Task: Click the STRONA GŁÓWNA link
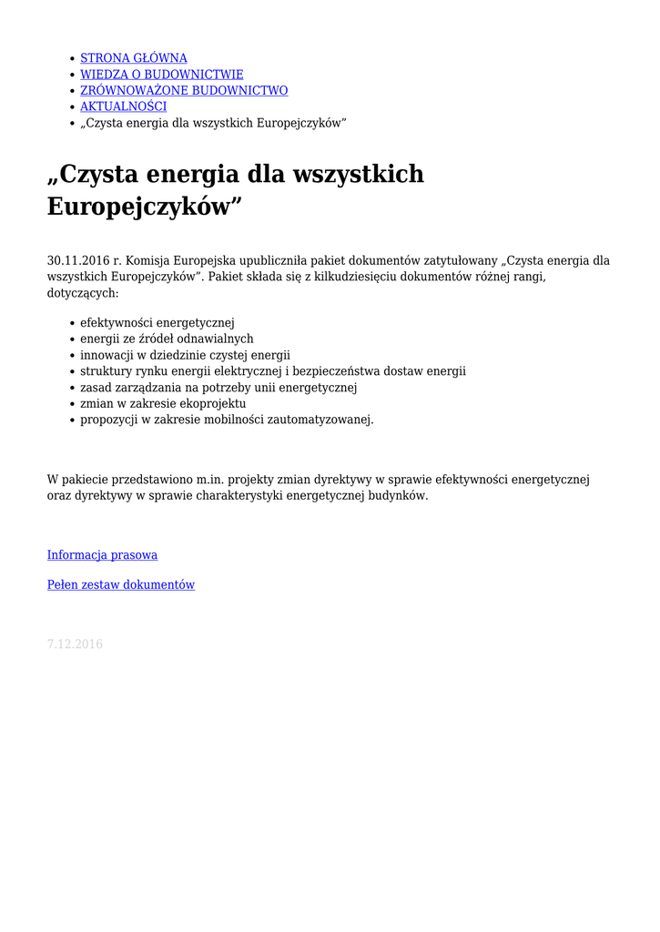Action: (x=134, y=58)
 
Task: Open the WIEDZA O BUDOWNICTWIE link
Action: (x=162, y=75)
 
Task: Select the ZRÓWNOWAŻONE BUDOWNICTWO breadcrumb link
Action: (x=184, y=91)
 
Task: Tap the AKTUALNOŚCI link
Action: (x=123, y=107)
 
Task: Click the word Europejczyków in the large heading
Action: (x=144, y=207)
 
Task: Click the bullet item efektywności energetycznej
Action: (x=157, y=322)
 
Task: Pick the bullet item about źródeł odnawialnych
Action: (x=167, y=339)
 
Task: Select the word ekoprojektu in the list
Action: (x=213, y=403)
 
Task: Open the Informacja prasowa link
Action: (x=102, y=555)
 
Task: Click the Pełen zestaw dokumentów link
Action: (x=121, y=585)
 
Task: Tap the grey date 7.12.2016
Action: (x=75, y=644)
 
